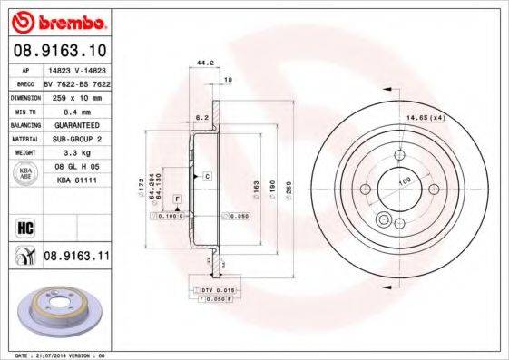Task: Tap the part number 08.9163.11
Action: (76, 258)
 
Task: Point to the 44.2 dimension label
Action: (205, 63)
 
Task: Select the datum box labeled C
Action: (207, 174)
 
